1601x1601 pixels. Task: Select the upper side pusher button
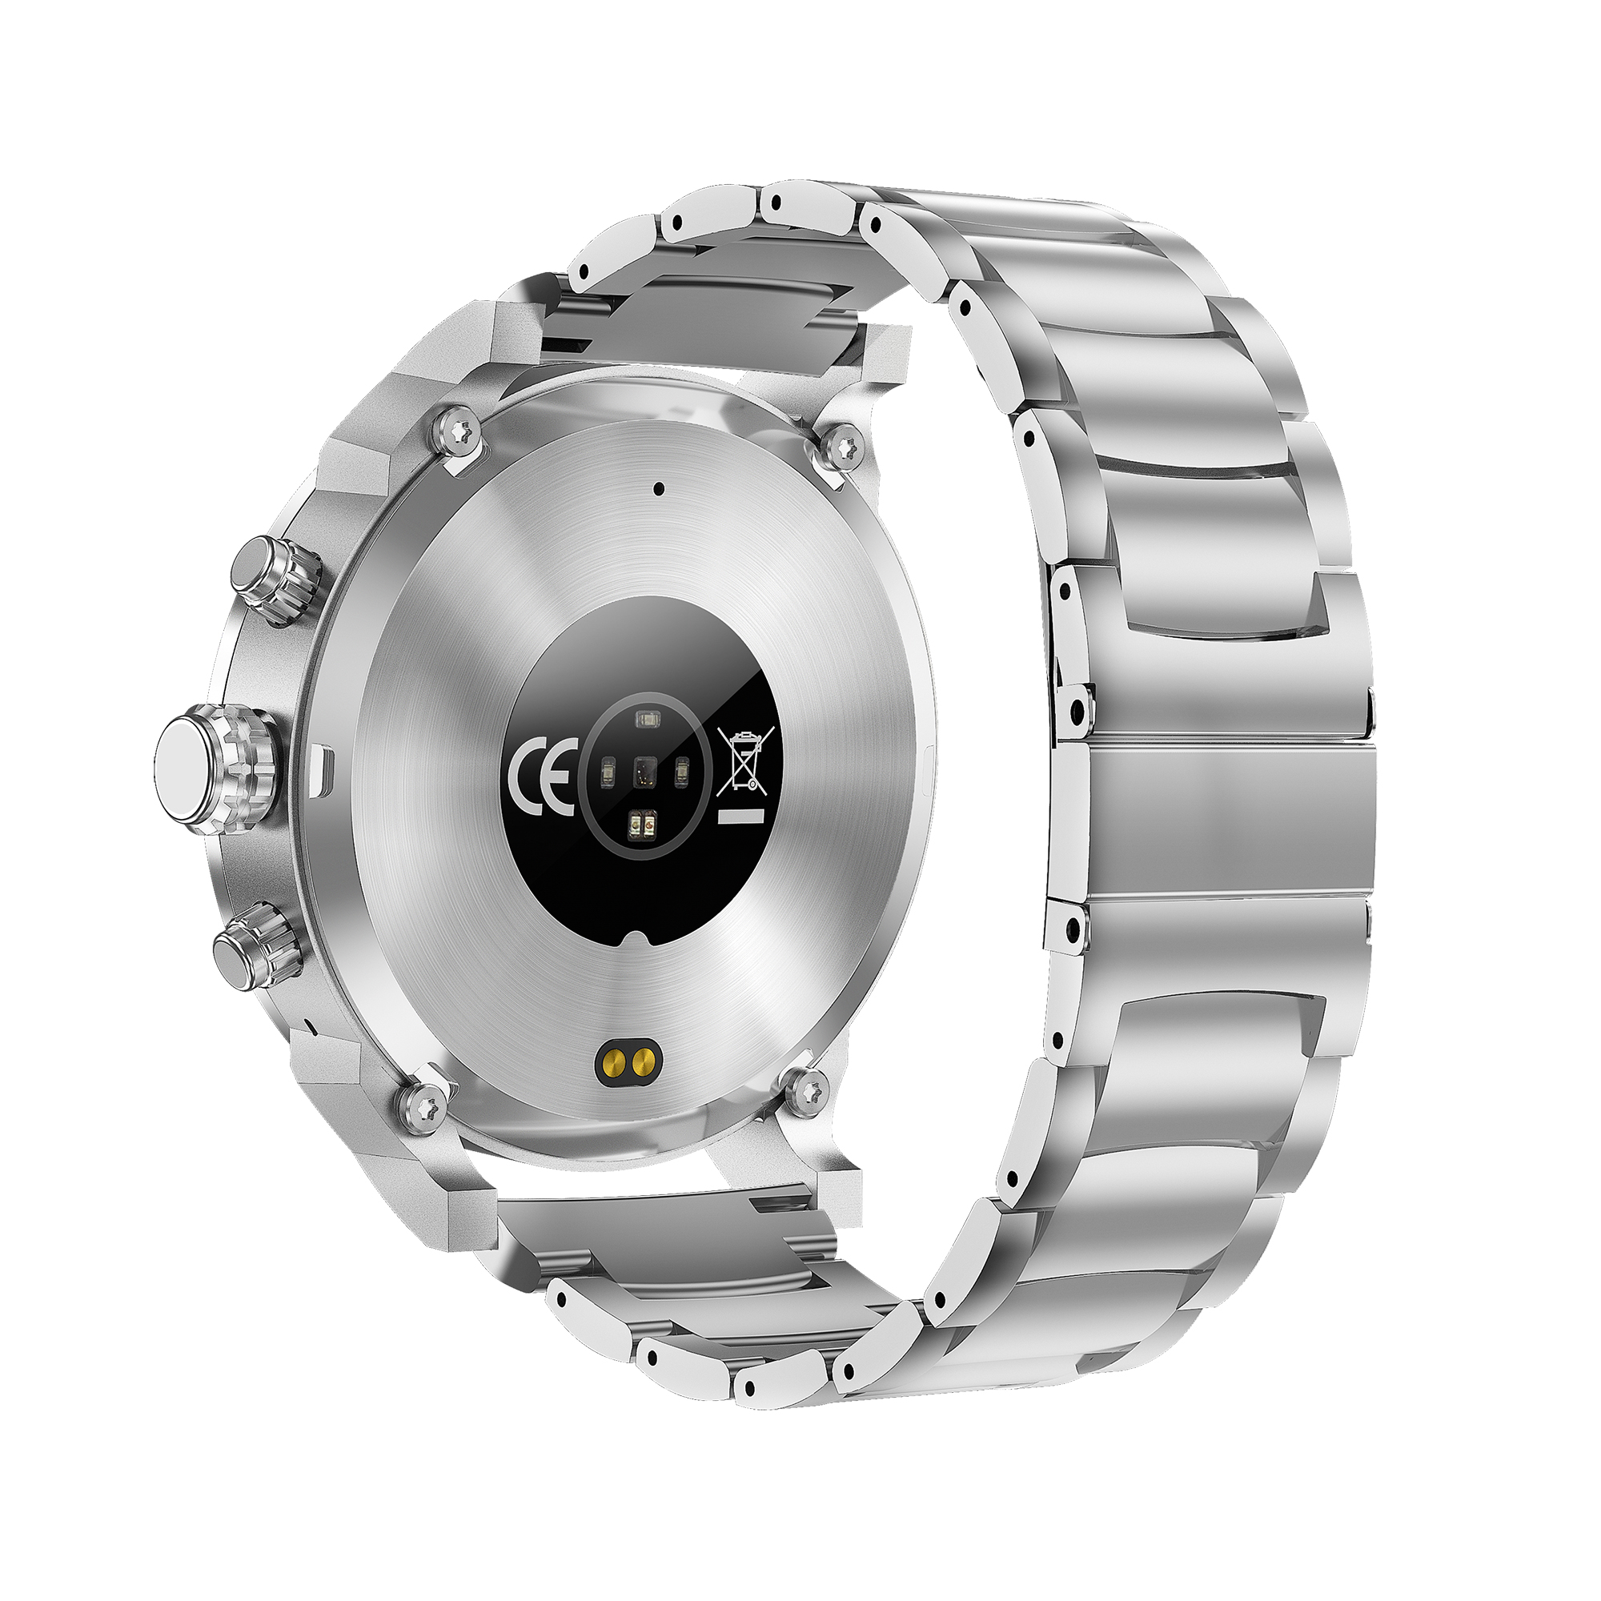click(x=275, y=578)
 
